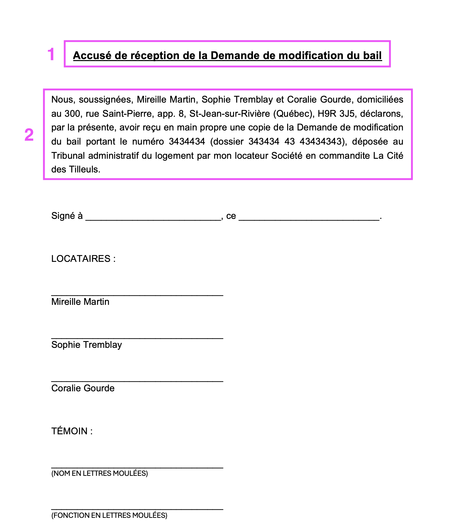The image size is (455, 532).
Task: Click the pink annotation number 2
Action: pyautogui.click(x=29, y=135)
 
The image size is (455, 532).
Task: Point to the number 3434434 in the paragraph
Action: pyautogui.click(x=187, y=141)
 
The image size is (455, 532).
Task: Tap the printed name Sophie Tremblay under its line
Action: pyautogui.click(x=87, y=345)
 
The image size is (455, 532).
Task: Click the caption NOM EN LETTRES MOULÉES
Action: pyautogui.click(x=100, y=473)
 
